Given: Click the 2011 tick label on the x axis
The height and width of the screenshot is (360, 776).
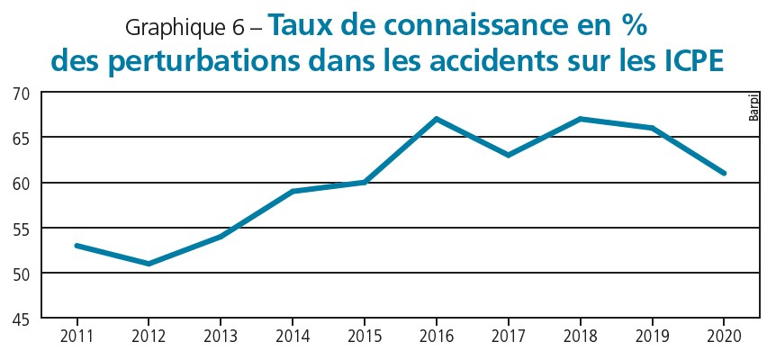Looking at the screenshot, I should coord(77,337).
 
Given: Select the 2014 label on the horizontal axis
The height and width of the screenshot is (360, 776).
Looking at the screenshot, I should coord(293,337).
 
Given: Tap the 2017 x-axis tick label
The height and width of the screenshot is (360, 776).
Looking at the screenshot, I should coord(509,337).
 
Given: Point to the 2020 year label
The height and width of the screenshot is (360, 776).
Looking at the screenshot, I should coord(724,337).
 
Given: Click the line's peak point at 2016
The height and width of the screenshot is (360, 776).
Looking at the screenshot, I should coord(437,119).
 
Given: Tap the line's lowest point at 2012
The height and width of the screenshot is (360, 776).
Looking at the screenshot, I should coord(149,264).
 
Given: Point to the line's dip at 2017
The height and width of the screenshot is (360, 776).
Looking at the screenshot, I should coord(509,155).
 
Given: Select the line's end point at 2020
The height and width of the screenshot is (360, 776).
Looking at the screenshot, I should coord(724,173).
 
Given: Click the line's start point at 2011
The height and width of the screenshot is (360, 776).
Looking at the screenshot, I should coord(77,245).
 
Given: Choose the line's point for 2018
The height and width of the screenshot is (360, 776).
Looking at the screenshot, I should coord(581,119).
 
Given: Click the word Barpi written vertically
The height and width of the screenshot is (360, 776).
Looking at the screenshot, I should coord(754,106).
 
